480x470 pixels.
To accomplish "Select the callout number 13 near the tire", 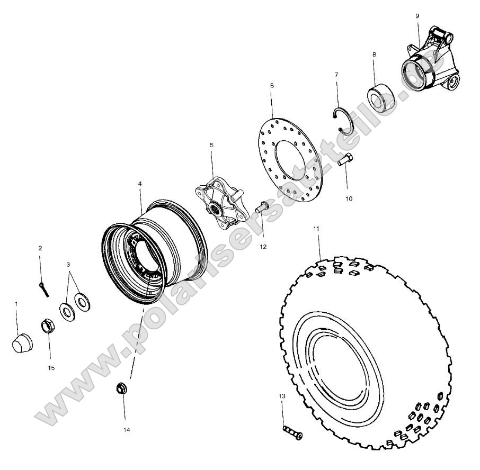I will [x=282, y=396].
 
